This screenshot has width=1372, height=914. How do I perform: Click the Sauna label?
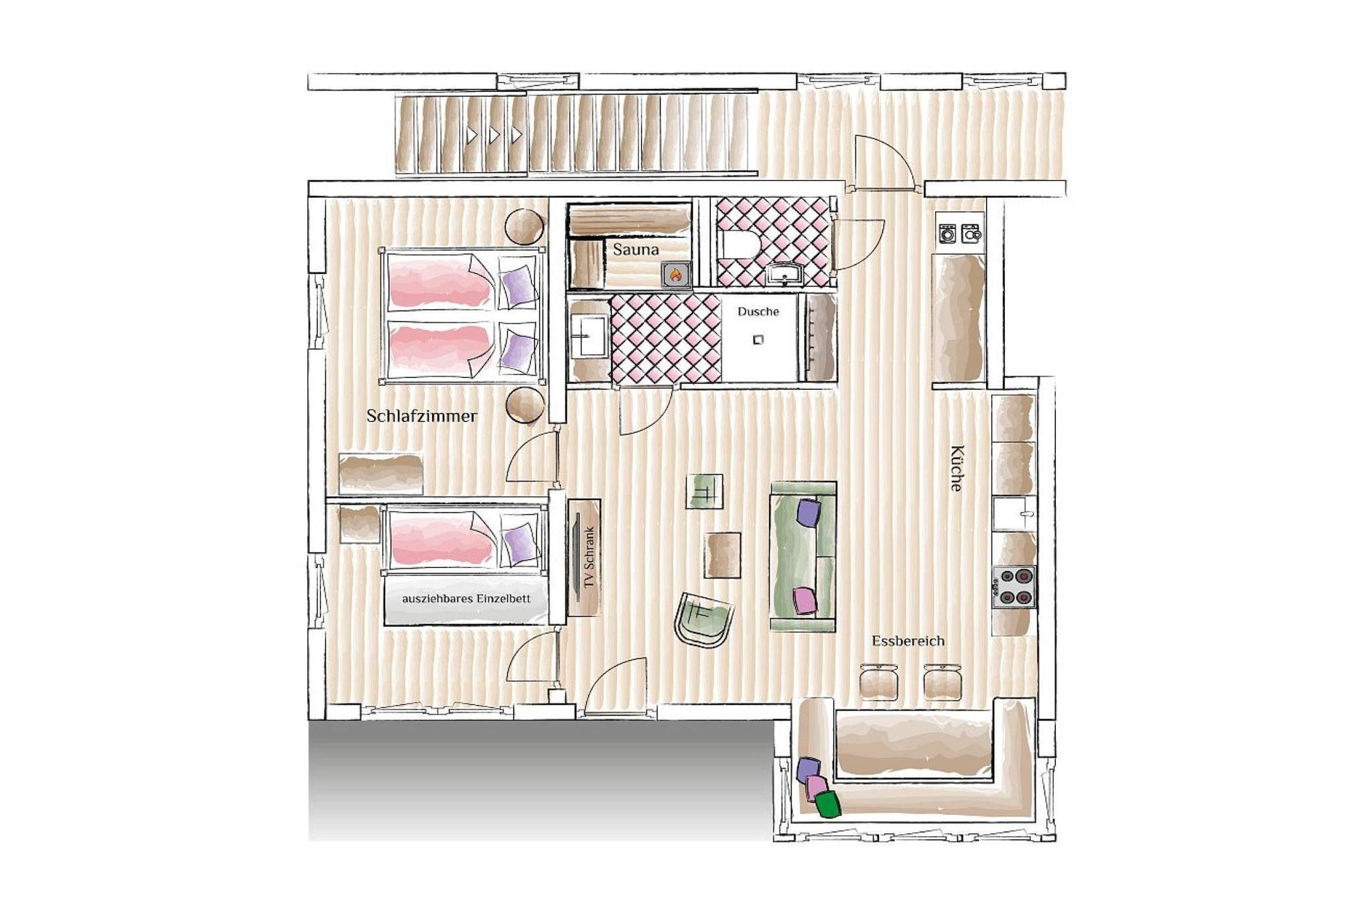pyautogui.click(x=636, y=250)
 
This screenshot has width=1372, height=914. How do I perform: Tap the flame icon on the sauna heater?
pyautogui.click(x=675, y=275)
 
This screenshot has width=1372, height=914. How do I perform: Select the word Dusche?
pyautogui.click(x=758, y=311)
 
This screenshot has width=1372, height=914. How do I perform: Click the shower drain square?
pyautogui.click(x=758, y=339)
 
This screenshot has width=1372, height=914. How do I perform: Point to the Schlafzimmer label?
pyautogui.click(x=422, y=416)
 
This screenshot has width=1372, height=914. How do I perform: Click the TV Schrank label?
pyautogui.click(x=589, y=557)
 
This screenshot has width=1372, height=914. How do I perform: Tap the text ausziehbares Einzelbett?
pyautogui.click(x=466, y=599)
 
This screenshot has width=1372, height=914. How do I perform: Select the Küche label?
pyautogui.click(x=956, y=468)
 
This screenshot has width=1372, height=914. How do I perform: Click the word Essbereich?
pyautogui.click(x=908, y=641)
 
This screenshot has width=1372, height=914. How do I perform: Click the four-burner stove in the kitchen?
pyautogui.click(x=1014, y=587)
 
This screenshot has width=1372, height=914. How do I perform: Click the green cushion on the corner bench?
pyautogui.click(x=828, y=804)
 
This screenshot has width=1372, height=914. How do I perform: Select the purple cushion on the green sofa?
pyautogui.click(x=809, y=512)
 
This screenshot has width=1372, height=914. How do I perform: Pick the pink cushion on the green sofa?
pyautogui.click(x=805, y=600)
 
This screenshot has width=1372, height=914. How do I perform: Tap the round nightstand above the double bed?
pyautogui.click(x=524, y=227)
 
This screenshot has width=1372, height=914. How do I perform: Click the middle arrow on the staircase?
pyautogui.click(x=494, y=135)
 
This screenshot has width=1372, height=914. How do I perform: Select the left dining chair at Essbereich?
pyautogui.click(x=878, y=682)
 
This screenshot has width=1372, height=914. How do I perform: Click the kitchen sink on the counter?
pyautogui.click(x=1014, y=514)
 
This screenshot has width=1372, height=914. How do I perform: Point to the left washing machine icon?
pyautogui.click(x=947, y=234)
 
